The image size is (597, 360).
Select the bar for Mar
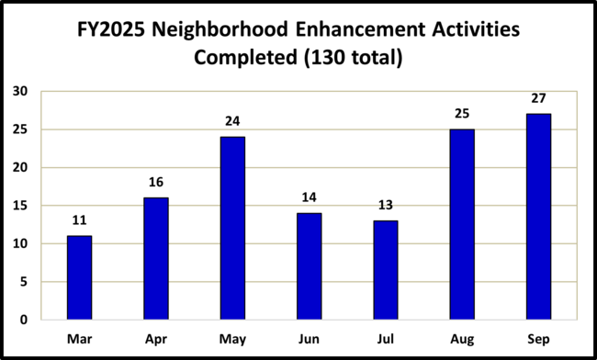79,277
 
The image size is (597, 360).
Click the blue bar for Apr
155,258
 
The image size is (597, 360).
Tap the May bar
232,228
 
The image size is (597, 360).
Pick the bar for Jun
309,266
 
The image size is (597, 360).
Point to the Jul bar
386,270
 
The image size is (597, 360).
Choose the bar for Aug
462,224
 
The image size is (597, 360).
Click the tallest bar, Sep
538,217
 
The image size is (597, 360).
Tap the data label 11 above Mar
79,221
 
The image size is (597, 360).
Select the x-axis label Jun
309,339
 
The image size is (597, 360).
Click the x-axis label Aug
462,339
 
